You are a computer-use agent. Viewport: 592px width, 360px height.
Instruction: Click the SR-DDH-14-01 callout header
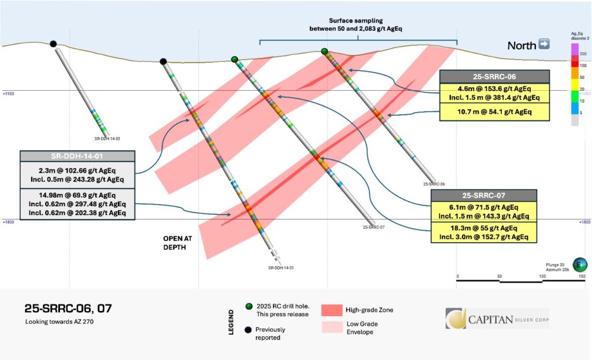click(77, 156)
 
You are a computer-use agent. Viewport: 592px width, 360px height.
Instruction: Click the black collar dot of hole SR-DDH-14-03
click(53, 44)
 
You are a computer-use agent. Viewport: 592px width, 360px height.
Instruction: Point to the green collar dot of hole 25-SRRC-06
click(324, 51)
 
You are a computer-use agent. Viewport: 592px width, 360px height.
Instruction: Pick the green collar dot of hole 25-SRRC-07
click(234, 60)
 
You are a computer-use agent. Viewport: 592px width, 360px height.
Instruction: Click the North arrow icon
click(543, 44)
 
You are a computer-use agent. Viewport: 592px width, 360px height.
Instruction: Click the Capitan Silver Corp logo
click(497, 318)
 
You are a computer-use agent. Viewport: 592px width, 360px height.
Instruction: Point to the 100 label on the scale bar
click(542, 277)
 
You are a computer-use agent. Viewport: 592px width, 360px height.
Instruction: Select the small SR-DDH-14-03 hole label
click(107, 139)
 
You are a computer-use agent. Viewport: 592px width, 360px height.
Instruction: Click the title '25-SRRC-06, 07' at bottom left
click(68, 309)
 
